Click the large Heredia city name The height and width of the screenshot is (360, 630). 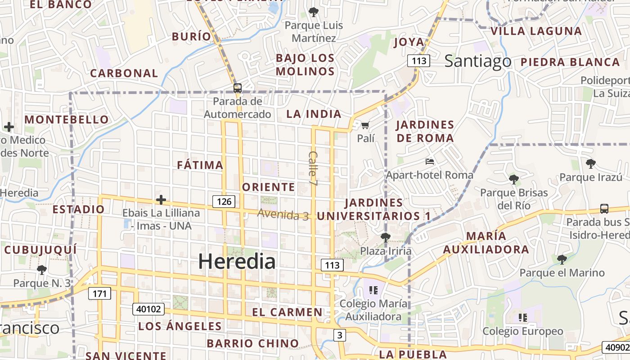pyautogui.click(x=237, y=261)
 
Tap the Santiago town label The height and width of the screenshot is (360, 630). pyautogui.click(x=478, y=61)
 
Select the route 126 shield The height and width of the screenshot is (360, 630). pyautogui.click(x=224, y=201)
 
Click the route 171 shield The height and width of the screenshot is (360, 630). pyautogui.click(x=99, y=294)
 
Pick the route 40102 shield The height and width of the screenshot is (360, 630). pyautogui.click(x=148, y=309)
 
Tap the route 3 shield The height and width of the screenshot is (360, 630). pyautogui.click(x=340, y=335)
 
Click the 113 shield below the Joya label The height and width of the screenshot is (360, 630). pyautogui.click(x=418, y=60)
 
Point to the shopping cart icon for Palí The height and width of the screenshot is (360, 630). pyautogui.click(x=365, y=125)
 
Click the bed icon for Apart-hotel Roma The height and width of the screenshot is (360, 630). pyautogui.click(x=430, y=161)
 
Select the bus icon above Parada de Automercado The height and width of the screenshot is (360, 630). pyautogui.click(x=237, y=88)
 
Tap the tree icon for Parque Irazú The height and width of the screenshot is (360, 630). pyautogui.click(x=590, y=163)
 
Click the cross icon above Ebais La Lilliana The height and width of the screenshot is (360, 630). pyautogui.click(x=161, y=200)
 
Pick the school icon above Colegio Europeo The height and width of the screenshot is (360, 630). pyautogui.click(x=522, y=318)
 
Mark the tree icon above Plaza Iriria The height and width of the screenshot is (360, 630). pyautogui.click(x=385, y=237)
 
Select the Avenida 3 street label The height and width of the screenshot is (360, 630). pyautogui.click(x=283, y=214)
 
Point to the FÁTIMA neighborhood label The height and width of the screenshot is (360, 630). pyautogui.click(x=200, y=165)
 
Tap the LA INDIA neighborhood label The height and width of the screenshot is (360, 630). pyautogui.click(x=314, y=114)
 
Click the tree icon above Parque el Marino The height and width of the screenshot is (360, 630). pyautogui.click(x=562, y=259)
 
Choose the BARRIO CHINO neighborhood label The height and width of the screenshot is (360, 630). pyautogui.click(x=253, y=343)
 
